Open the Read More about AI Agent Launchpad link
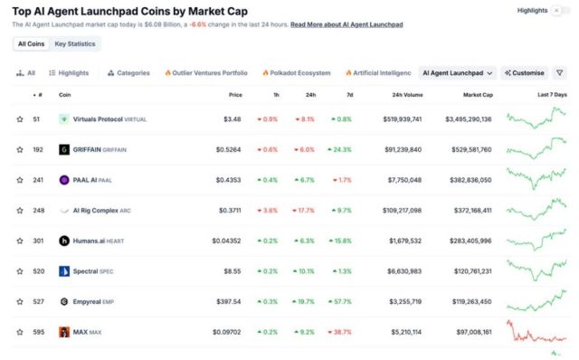pos(346,24)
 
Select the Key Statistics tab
pos(74,43)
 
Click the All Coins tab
pos(31,43)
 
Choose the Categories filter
pos(128,72)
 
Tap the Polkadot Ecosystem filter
pos(296,72)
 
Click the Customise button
pos(524,72)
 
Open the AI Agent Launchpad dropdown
pos(459,72)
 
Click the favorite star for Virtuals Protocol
pos(20,119)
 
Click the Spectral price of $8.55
pos(233,271)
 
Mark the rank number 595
pos(36,332)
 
